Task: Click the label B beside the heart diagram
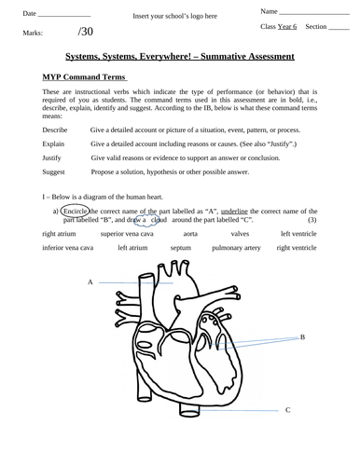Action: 303,337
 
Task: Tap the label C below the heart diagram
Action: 287,409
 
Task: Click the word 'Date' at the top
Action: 29,13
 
